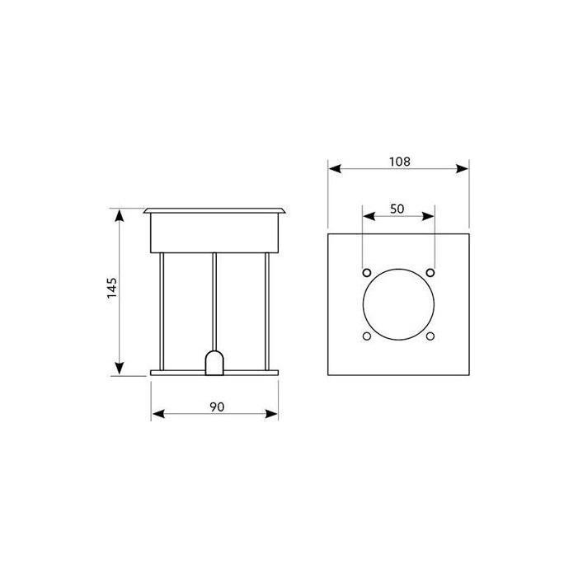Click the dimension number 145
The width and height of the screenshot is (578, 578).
pos(112,289)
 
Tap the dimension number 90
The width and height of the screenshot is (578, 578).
pos(217,407)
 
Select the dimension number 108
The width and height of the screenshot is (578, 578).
pos(400,162)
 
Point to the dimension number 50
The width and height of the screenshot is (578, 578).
pos(397,209)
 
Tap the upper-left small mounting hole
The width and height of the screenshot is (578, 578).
pos(367,273)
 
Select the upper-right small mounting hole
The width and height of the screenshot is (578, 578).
pos(430,273)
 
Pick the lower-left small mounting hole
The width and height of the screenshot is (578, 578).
pos(367,336)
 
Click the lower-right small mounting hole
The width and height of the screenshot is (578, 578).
pos(430,336)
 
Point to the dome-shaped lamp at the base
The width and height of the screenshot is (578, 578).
pos(214,363)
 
